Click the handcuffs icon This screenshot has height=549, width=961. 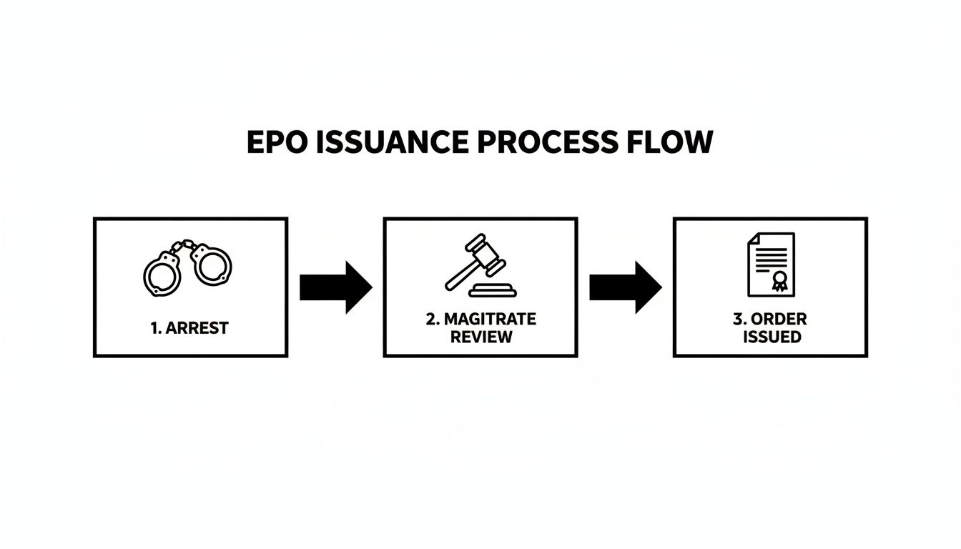[188, 268]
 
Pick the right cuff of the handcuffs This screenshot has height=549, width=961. [211, 264]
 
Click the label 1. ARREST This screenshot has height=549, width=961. [190, 328]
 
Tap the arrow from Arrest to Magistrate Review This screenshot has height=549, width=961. [335, 287]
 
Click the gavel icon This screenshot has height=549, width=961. [480, 267]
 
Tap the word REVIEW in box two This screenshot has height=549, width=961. [481, 337]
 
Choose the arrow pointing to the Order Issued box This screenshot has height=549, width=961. [625, 287]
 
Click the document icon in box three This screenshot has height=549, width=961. [771, 264]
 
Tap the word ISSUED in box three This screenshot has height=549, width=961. [772, 337]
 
